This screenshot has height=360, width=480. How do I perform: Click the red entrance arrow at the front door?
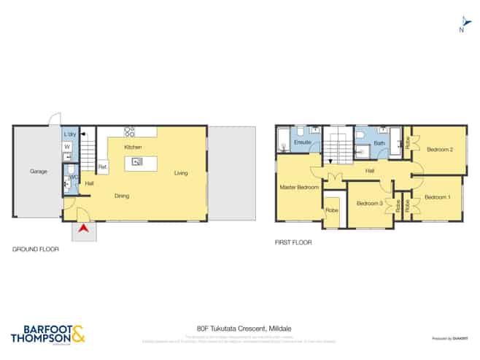coord(85,230)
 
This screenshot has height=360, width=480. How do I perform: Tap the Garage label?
coord(39,172)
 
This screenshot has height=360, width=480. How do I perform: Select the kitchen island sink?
coord(136,162)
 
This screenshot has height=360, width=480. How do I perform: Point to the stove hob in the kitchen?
coord(129,132)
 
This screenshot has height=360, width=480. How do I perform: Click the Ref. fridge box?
coord(103,167)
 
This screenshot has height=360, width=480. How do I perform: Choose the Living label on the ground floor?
coord(182,173)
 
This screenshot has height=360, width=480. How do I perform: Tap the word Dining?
coord(123,195)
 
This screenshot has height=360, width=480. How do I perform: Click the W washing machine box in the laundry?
coord(67,147)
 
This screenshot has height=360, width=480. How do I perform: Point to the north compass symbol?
coord(461,24)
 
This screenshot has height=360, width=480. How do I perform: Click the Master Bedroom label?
coord(299,188)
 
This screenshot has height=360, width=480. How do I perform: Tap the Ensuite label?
coord(302,142)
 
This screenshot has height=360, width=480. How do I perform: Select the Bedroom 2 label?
coord(440,150)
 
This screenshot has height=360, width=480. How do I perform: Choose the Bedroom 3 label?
coord(370,203)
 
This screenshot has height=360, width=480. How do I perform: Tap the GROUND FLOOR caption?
coord(35,249)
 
